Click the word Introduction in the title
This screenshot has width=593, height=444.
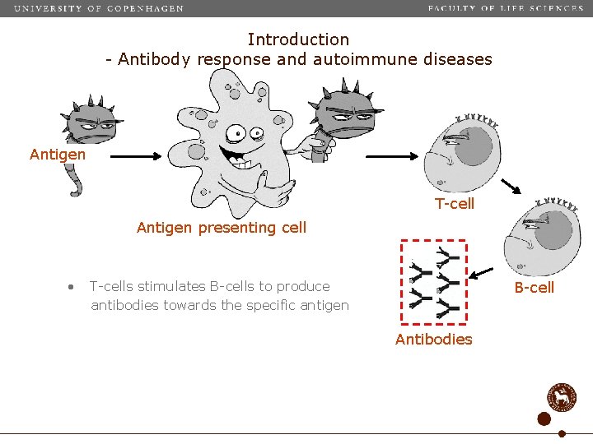(x=298, y=39)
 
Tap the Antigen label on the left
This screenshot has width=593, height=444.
(x=58, y=155)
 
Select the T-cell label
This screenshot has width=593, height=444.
(x=455, y=203)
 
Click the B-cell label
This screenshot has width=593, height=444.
(x=535, y=287)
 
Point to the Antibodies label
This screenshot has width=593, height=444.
(x=433, y=340)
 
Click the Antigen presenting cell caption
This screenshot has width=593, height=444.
(x=221, y=228)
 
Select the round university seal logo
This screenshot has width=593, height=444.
(x=563, y=396)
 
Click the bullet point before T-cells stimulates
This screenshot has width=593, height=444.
(x=72, y=287)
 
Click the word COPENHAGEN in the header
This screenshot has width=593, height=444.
(x=146, y=8)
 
